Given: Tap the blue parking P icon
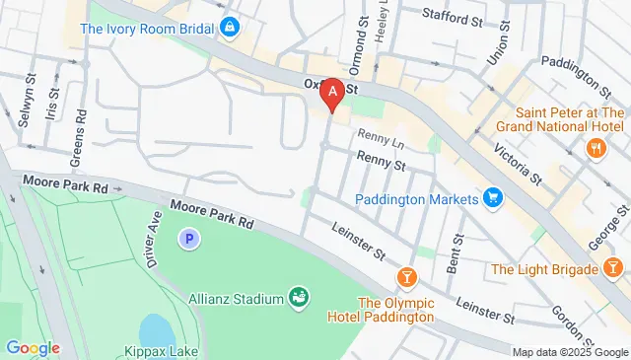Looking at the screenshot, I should [x=187, y=238].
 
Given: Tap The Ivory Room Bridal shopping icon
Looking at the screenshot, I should [x=230, y=27].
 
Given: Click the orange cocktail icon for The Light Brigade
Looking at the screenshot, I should [x=612, y=268].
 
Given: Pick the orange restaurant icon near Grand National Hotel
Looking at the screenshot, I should [x=596, y=148].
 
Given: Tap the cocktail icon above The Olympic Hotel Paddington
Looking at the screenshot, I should [x=404, y=275].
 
